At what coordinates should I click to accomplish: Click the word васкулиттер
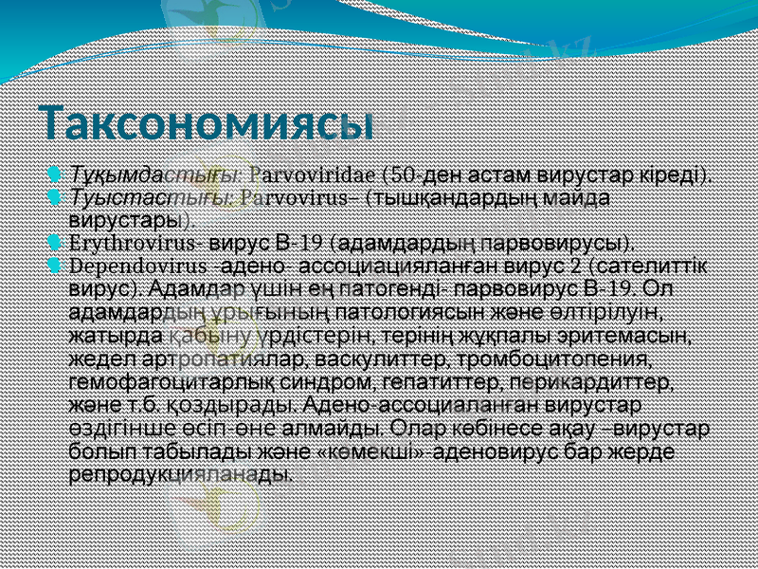click(x=389, y=359)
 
